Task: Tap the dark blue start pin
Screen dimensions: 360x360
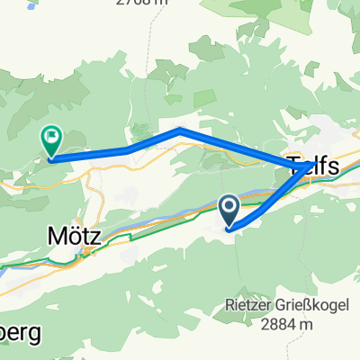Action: (229, 212)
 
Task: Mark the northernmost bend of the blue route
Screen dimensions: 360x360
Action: (181, 130)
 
